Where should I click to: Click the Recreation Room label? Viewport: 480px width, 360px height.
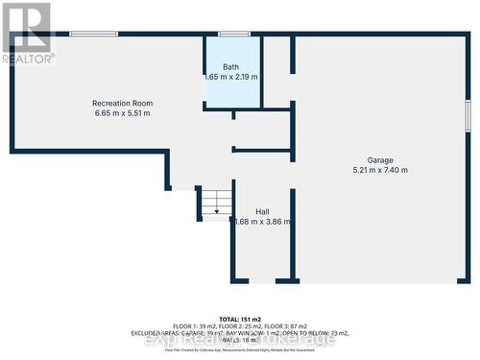click(122, 103)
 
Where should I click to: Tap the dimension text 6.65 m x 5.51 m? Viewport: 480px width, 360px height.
click(122, 113)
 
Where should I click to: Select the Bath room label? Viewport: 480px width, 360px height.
click(231, 66)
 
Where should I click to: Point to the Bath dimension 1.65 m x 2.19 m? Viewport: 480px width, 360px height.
click(231, 76)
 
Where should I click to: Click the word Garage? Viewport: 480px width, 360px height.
click(379, 160)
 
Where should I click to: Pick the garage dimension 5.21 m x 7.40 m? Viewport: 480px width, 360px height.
click(379, 171)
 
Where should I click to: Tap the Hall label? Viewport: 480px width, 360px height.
click(262, 211)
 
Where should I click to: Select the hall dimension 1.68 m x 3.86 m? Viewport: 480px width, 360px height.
click(262, 222)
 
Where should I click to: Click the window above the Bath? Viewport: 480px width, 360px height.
click(233, 35)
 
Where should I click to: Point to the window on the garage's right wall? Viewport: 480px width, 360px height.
click(468, 115)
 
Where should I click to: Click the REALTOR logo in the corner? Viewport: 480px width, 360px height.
click(28, 32)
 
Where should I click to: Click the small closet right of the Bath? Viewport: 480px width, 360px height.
click(276, 72)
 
